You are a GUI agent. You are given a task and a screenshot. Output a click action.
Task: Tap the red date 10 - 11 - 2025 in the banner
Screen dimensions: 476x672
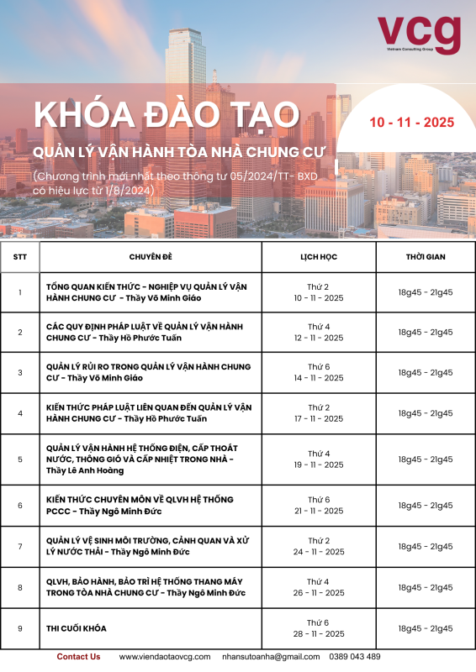412,122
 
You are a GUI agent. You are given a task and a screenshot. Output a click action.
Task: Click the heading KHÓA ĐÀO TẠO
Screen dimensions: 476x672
166,115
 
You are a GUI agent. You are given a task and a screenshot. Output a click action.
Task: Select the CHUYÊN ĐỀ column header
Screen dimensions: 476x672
151,257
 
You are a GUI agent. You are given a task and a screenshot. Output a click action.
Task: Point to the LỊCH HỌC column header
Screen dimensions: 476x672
319,257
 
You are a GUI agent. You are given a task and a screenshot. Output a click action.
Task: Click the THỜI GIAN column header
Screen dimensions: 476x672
425,257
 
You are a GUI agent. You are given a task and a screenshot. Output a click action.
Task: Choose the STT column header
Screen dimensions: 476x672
19,257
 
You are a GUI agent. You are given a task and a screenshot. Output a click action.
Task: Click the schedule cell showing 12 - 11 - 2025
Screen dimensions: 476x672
319,333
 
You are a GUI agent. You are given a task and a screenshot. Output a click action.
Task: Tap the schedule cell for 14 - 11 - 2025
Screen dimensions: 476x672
319,372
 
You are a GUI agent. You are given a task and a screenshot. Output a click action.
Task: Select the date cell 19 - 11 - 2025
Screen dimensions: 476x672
319,459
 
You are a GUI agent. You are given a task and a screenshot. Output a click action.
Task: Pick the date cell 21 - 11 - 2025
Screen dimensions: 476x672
319,505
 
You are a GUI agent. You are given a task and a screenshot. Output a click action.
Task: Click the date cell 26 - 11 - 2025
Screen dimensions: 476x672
319,587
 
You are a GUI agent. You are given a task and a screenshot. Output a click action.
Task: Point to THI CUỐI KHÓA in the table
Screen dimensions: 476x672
77,628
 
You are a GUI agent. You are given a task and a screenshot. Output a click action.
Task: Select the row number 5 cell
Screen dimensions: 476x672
19,459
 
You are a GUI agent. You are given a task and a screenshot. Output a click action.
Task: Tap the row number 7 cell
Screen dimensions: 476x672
19,547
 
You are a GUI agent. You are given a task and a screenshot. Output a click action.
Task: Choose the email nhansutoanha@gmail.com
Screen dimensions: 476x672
272,657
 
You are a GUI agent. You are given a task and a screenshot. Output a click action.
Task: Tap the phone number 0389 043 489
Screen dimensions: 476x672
356,657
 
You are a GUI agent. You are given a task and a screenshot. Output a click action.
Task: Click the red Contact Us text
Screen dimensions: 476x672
78,657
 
